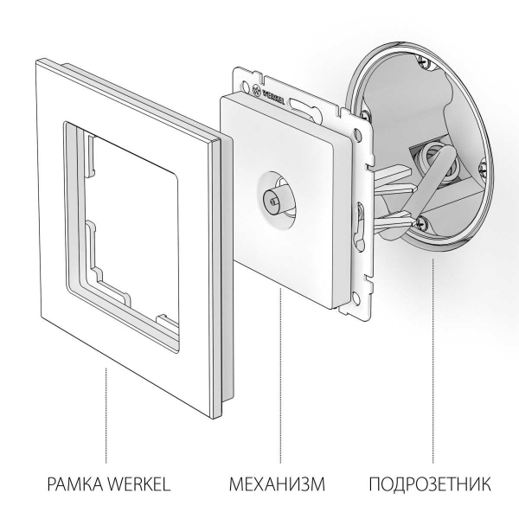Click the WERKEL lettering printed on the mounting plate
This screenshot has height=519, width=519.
275,90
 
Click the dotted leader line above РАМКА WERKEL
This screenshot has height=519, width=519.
106,415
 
